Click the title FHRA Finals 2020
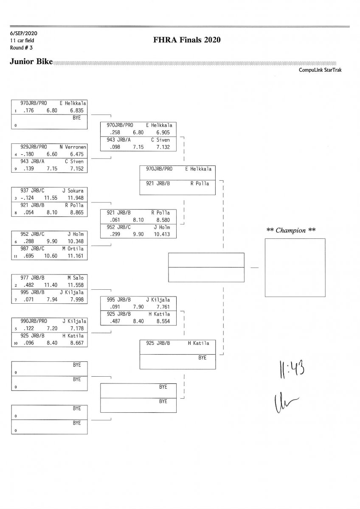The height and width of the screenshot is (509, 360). [x=187, y=40]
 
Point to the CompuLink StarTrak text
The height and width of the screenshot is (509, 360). [x=320, y=70]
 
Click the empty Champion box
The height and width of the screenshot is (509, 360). [x=295, y=267]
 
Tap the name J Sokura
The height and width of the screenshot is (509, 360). [x=73, y=190]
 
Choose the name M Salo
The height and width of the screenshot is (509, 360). [x=76, y=277]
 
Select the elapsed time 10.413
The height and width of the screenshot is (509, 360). [x=163, y=234]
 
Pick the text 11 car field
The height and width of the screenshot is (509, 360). [x=22, y=40]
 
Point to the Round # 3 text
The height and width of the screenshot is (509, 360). [x=21, y=48]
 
